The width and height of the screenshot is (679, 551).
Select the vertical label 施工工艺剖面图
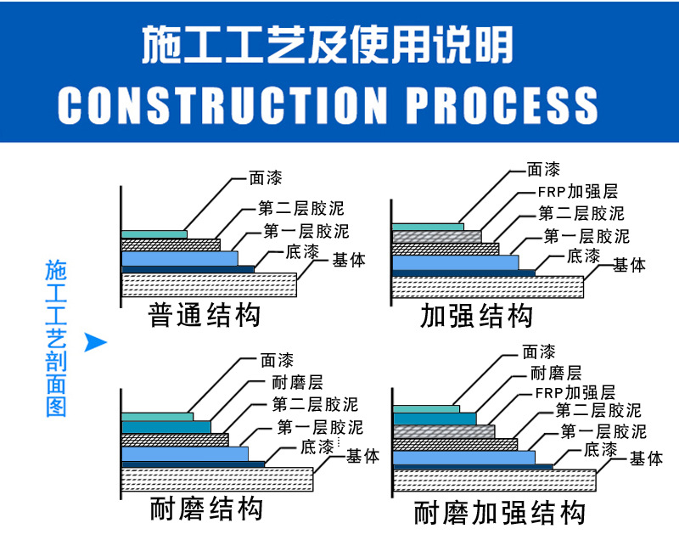[55, 339]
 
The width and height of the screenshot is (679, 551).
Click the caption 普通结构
[205, 315]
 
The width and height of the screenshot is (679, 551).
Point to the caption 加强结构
[477, 316]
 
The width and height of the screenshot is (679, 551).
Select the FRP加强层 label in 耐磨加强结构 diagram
[575, 392]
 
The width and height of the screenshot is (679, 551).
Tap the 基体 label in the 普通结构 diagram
[350, 260]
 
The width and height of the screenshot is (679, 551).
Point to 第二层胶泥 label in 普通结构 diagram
[301, 208]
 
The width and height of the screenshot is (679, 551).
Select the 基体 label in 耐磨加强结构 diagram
[646, 459]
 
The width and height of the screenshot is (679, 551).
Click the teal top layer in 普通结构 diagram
[154, 234]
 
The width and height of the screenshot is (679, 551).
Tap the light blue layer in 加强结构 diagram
[454, 262]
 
